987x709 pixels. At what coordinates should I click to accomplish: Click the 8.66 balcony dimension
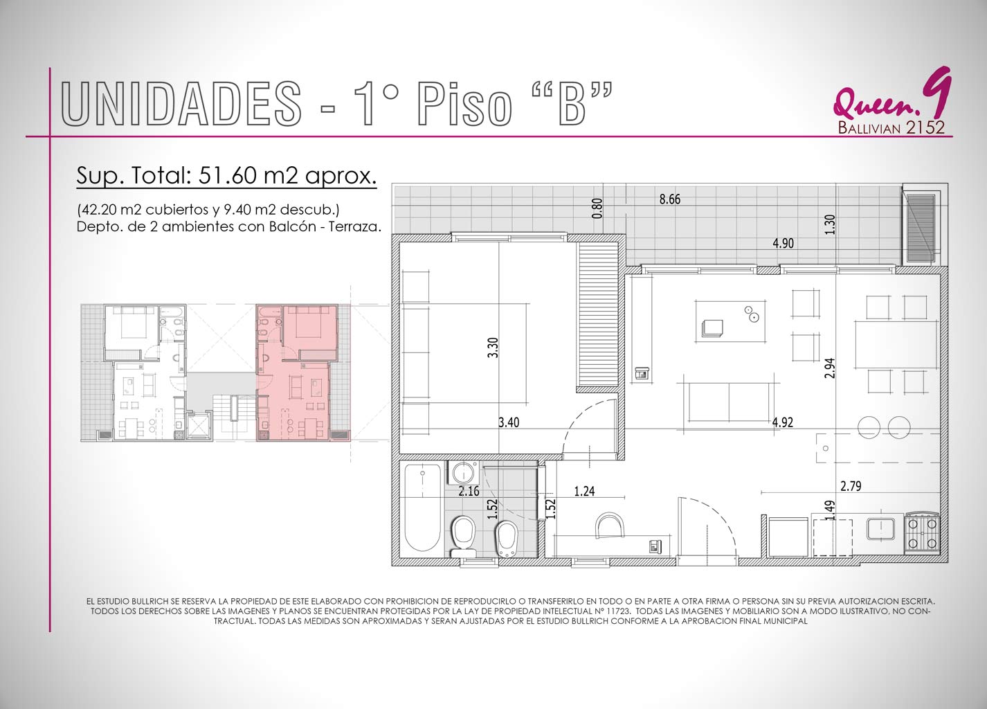[670, 199]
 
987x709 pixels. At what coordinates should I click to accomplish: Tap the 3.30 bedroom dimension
[493, 348]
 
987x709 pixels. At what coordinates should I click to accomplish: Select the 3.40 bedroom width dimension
[509, 422]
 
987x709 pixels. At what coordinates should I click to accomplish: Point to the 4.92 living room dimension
[783, 422]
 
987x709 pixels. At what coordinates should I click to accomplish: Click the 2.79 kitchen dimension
[851, 486]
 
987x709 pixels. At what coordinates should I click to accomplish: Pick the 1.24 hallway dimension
[584, 492]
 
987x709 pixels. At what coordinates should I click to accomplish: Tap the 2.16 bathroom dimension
[469, 491]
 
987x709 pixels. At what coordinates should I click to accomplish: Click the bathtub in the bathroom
[423, 508]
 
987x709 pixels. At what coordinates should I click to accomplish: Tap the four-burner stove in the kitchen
[922, 533]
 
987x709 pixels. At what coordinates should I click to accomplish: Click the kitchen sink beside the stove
[881, 529]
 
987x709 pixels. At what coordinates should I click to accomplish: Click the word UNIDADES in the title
[181, 104]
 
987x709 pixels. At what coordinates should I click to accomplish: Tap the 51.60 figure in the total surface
[228, 175]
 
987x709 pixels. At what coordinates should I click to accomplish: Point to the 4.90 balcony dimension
[783, 243]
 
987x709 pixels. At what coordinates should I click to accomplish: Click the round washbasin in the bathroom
[463, 474]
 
